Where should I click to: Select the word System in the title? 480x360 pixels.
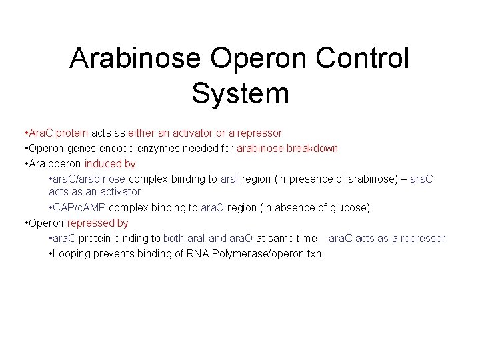[x=240, y=93]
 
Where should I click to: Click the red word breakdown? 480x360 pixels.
[x=312, y=148]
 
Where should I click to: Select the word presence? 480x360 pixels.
[x=299, y=179]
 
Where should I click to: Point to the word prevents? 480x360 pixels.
[x=117, y=253]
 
